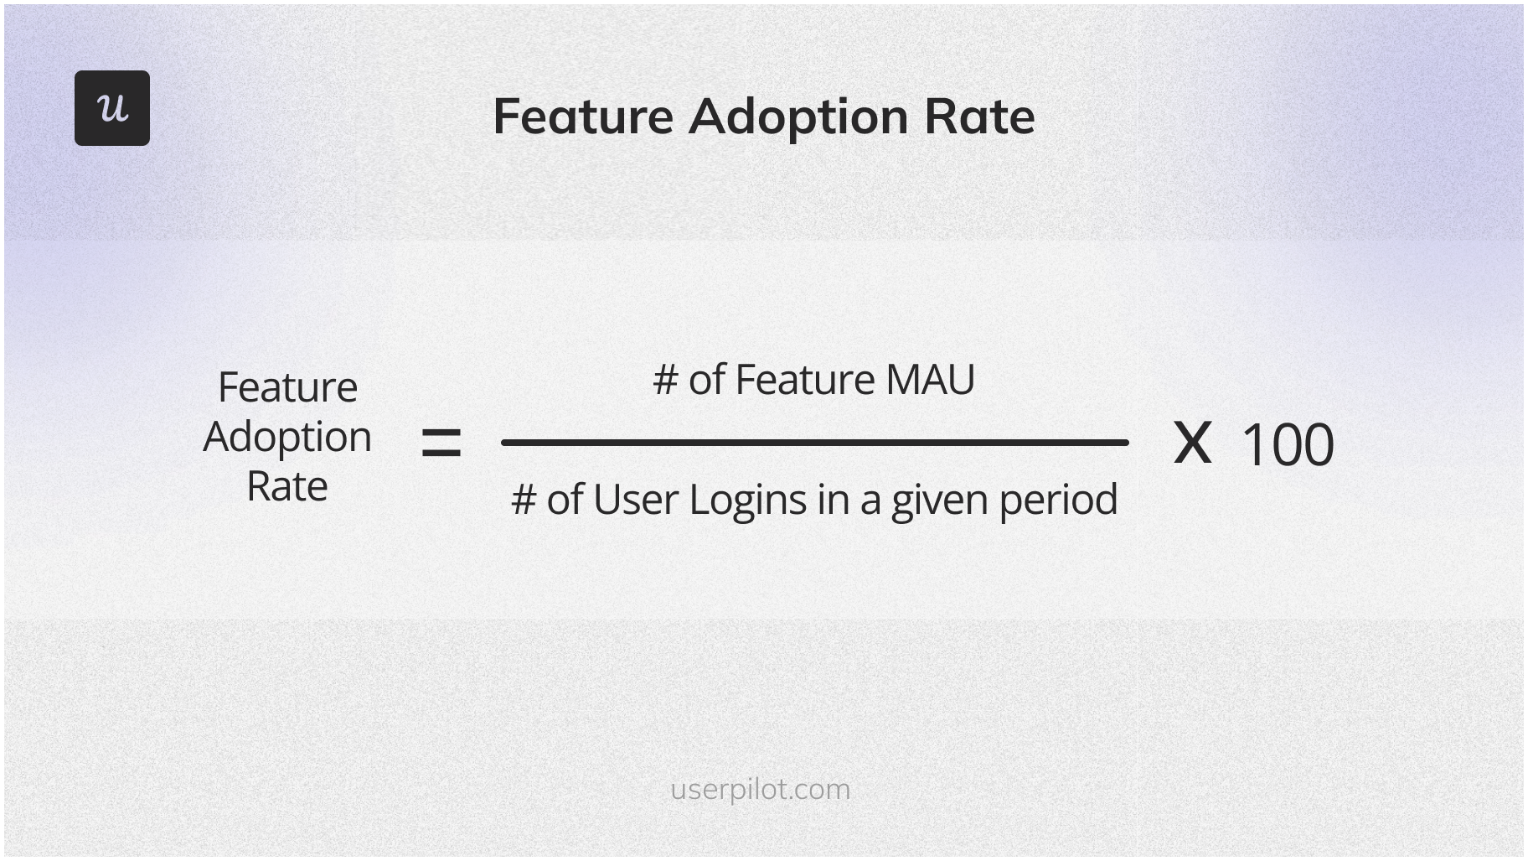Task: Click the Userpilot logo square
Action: point(112,108)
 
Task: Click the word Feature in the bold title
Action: point(583,116)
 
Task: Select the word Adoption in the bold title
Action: point(798,117)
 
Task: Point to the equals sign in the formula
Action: point(441,443)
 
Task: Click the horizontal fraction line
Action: point(814,443)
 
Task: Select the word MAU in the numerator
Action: point(930,380)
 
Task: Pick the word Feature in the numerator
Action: point(805,380)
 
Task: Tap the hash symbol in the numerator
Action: point(665,381)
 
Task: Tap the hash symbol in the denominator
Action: point(524,501)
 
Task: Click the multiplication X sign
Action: point(1192,443)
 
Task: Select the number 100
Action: point(1287,444)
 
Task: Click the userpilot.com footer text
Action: point(760,790)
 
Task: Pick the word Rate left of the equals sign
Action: point(286,486)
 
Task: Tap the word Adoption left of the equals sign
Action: point(287,438)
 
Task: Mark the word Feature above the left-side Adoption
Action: point(287,387)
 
